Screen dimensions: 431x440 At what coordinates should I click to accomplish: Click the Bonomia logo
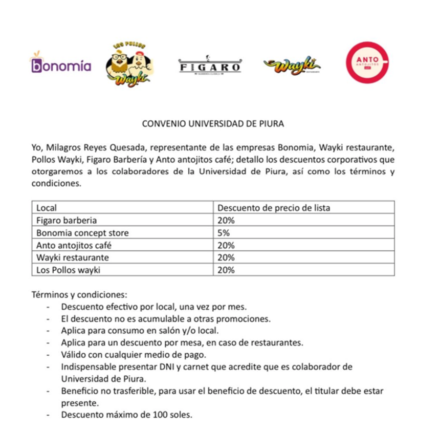[61, 65]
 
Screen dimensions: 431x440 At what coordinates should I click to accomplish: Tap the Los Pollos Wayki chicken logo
[130, 64]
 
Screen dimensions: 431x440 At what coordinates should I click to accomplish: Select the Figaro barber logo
[210, 67]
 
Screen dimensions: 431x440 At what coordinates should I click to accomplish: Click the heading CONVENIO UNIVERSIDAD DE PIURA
[212, 124]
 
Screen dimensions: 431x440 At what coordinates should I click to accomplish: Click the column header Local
[47, 208]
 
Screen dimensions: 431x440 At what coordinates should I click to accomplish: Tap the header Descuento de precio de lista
[274, 208]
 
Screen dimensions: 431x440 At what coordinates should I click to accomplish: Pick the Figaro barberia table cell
[66, 221]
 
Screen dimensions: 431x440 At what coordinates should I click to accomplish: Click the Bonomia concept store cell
[82, 233]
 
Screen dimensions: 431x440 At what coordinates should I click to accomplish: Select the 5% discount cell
[224, 233]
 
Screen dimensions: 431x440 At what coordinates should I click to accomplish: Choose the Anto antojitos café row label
[74, 245]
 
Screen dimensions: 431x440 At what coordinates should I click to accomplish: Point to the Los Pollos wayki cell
[68, 270]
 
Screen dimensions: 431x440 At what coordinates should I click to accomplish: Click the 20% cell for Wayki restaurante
[226, 257]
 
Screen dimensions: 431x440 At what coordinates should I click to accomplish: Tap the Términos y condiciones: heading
[79, 295]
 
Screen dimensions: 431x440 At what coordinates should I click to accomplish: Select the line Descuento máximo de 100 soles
[126, 415]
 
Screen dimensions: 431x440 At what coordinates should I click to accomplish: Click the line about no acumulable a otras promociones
[165, 319]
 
